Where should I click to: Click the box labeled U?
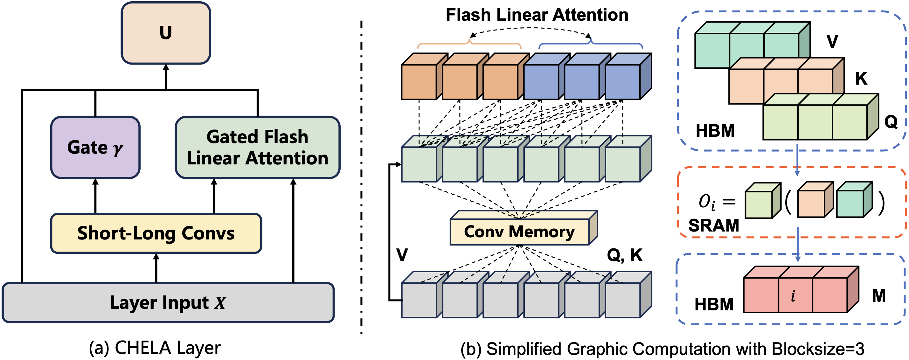(x=165, y=33)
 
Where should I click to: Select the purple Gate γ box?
(x=95, y=147)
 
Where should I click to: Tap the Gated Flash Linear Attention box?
(x=258, y=147)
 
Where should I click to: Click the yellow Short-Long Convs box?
(x=156, y=233)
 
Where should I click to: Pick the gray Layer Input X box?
(x=168, y=302)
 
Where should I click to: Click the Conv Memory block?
(x=519, y=232)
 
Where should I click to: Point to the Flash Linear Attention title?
(x=537, y=15)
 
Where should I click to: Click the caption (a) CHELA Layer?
(x=155, y=348)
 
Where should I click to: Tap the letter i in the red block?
(x=793, y=296)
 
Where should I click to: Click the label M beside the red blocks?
(x=879, y=296)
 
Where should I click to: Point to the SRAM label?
(x=713, y=225)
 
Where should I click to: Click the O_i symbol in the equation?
(x=707, y=202)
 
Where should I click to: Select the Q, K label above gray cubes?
(x=625, y=255)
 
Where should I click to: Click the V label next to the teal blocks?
(x=832, y=41)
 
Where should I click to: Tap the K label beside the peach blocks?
(x=861, y=78)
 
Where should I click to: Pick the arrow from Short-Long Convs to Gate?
(x=95, y=196)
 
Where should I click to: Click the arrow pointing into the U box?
(x=166, y=76)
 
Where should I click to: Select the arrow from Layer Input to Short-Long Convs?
(x=156, y=268)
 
